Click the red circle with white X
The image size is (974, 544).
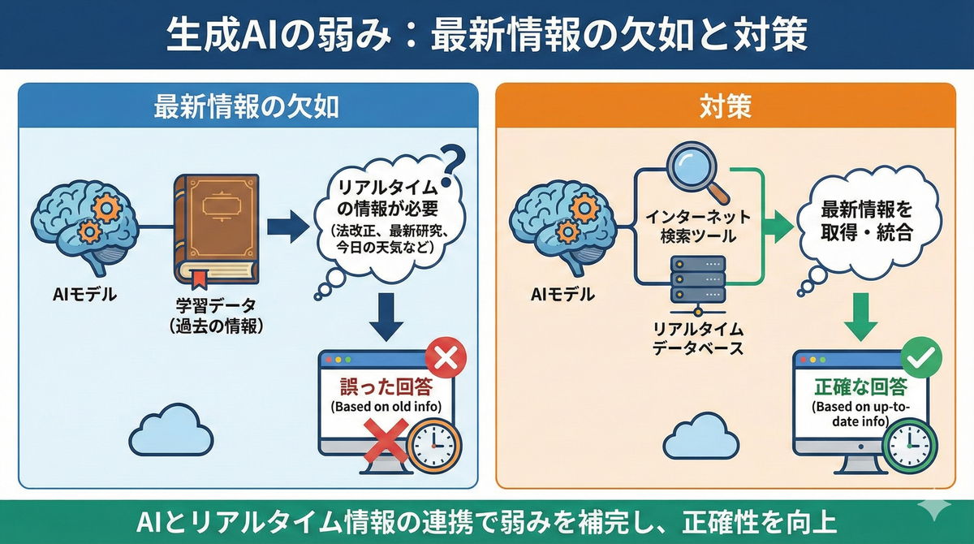(446, 357)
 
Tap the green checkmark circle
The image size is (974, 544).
(921, 357)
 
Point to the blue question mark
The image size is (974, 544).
(452, 166)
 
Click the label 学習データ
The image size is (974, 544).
(216, 306)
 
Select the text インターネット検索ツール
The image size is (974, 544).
(698, 227)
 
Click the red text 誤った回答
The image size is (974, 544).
(386, 386)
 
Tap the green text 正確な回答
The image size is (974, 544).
(860, 386)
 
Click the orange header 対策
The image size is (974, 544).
(726, 107)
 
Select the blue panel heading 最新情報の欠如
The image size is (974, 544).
(246, 107)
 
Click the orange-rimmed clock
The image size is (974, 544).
(434, 446)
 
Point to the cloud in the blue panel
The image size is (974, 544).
(171, 430)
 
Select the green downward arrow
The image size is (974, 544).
(861, 317)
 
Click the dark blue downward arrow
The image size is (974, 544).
(386, 317)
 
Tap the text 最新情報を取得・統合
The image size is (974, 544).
(866, 221)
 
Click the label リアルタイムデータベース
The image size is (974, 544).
(698, 339)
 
